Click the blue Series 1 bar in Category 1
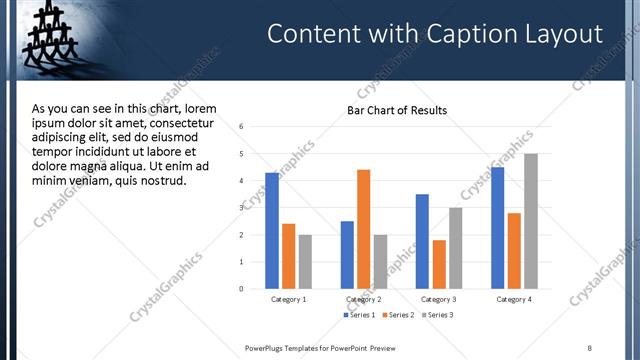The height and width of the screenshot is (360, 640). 272,231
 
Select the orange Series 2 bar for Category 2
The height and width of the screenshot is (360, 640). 363,229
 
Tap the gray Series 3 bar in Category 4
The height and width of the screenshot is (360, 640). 531,221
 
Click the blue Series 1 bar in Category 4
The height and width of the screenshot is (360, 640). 497,228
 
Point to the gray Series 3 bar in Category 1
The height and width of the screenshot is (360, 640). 305,262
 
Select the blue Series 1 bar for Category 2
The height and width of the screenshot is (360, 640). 347,255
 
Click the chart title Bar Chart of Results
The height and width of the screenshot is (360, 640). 397,110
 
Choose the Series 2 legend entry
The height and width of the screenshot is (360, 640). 397,315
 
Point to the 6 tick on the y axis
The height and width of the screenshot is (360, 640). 241,127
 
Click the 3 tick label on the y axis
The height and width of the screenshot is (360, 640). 241,208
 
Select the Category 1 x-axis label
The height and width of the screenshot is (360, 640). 289,299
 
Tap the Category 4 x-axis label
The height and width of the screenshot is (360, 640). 514,299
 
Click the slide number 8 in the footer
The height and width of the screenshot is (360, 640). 589,347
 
